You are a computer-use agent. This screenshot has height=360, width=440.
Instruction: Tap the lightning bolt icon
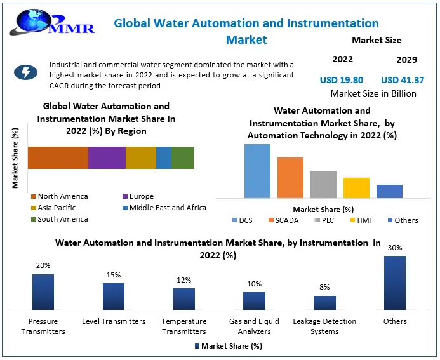click(25, 72)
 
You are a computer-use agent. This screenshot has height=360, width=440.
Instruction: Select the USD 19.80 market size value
click(342, 80)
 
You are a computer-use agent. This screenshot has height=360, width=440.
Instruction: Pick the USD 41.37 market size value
click(403, 80)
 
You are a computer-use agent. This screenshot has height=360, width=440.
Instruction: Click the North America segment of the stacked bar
click(58, 157)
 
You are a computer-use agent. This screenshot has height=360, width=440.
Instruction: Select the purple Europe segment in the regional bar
click(107, 157)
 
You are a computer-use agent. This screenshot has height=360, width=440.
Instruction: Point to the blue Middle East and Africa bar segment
click(164, 157)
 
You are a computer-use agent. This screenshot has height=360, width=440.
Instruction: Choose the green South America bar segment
click(183, 157)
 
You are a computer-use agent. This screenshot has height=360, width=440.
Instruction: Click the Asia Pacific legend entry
click(57, 208)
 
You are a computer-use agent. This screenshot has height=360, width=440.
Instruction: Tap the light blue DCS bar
click(257, 171)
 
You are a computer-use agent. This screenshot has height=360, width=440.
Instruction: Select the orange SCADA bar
click(290, 178)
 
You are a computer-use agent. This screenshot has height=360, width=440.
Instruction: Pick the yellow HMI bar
click(356, 188)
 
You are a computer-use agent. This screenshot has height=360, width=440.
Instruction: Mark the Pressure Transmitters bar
click(43, 291)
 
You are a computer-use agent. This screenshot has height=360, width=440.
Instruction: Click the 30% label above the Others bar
click(395, 248)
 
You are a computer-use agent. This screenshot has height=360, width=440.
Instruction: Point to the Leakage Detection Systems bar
click(324, 302)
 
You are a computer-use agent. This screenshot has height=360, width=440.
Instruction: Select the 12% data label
click(183, 280)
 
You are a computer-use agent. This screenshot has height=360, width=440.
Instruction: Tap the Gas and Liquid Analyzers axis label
click(254, 326)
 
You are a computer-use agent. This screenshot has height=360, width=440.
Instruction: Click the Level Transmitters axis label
click(114, 321)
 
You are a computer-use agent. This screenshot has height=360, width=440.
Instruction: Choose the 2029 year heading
click(406, 60)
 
